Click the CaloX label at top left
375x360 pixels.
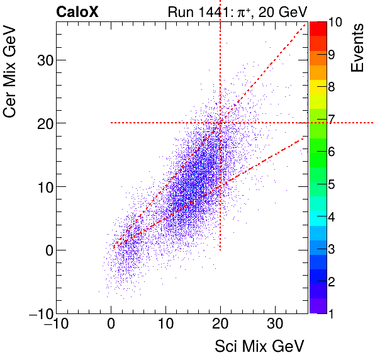(x=77, y=11)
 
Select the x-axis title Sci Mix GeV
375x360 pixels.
(x=260, y=346)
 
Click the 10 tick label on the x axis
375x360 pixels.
(x=166, y=325)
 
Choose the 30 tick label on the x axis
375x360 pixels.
(x=275, y=325)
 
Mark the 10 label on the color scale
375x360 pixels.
(x=335, y=23)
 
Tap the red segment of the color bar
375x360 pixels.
(x=317, y=28)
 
